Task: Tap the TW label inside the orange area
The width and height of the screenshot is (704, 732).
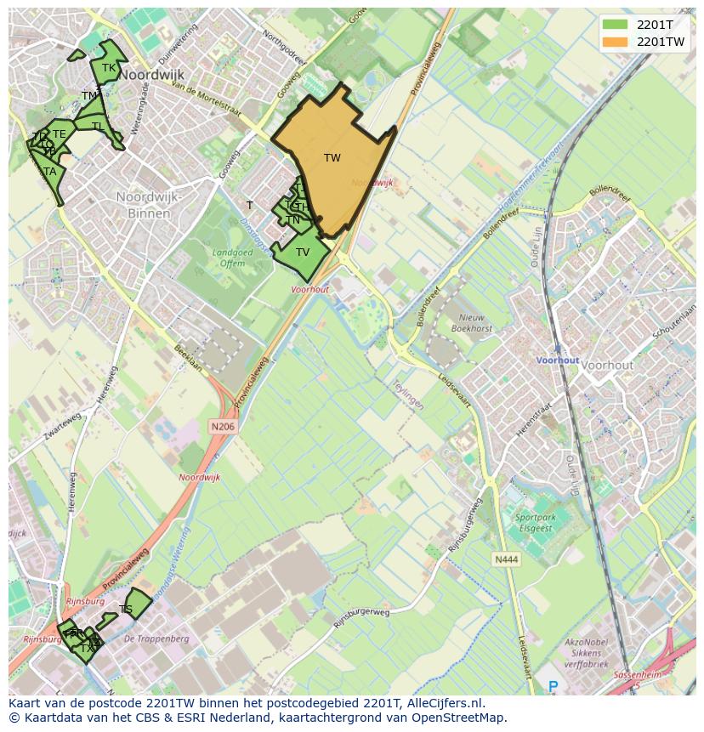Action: (332, 158)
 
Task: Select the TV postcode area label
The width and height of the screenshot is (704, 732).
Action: (303, 252)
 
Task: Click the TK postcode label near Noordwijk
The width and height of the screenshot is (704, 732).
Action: (109, 68)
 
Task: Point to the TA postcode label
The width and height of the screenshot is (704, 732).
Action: (50, 172)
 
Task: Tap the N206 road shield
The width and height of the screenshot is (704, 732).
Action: (222, 426)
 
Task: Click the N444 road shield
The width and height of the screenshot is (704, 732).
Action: (505, 559)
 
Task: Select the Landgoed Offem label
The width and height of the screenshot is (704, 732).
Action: (228, 258)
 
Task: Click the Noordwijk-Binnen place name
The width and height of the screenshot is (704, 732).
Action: (150, 205)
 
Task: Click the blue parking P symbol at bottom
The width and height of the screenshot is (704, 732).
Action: (554, 686)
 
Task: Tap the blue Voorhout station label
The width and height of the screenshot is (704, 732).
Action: (557, 360)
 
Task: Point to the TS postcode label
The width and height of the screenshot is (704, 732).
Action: (126, 610)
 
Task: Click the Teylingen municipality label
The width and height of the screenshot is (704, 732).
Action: (408, 394)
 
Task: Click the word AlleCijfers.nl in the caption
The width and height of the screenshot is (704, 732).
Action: (443, 703)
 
